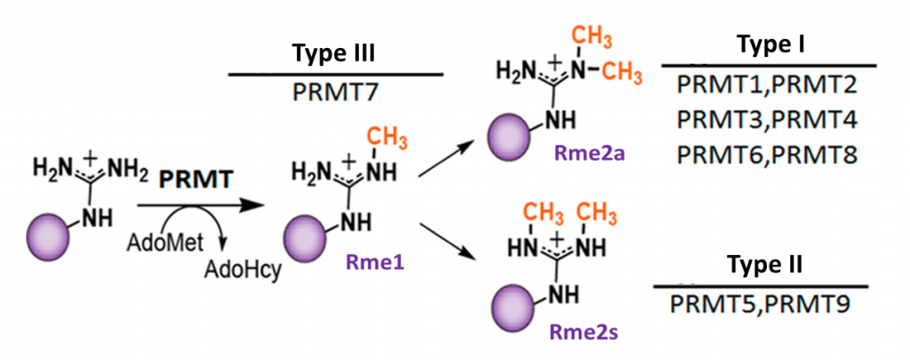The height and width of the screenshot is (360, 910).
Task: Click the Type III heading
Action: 335,54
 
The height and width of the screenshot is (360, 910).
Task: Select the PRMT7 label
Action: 335,92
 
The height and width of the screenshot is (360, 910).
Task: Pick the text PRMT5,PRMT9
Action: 761,303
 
